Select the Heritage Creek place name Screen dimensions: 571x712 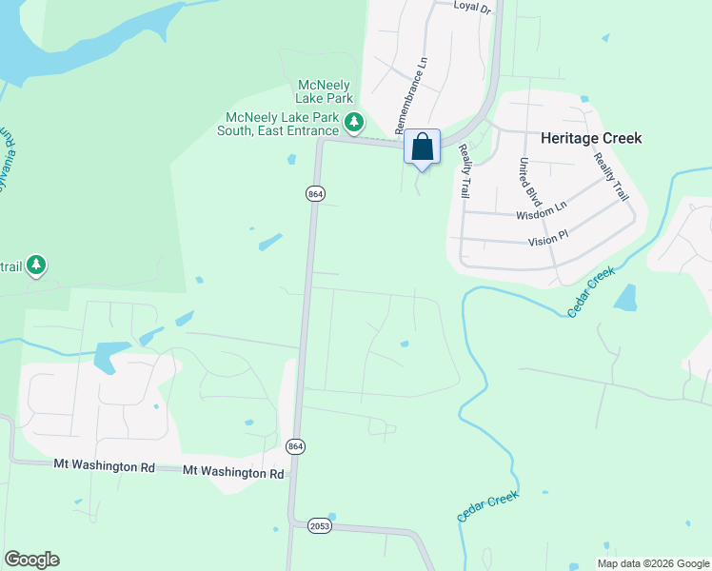click(591, 138)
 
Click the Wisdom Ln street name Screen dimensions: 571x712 click(541, 212)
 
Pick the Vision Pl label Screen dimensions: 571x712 click(547, 238)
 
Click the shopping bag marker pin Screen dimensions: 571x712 click(422, 148)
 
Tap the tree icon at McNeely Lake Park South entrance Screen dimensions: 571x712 click(354, 121)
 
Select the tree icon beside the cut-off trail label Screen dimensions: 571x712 click(36, 264)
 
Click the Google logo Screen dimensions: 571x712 click(31, 560)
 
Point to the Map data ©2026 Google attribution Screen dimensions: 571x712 click(652, 563)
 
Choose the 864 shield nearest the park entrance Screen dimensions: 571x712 click(315, 193)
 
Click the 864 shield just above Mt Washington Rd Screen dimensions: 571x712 click(295, 446)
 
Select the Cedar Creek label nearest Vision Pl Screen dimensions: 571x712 click(591, 292)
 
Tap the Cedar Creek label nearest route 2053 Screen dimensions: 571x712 click(486, 507)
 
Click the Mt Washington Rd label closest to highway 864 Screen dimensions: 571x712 click(233, 471)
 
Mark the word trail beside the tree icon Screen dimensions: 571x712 click(10, 265)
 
